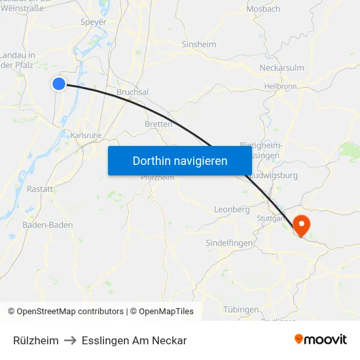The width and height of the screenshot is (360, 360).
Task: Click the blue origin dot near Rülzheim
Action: tap(59, 83)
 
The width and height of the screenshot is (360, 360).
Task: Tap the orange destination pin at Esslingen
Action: tap(302, 226)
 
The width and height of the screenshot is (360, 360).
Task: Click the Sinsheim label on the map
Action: tap(198, 45)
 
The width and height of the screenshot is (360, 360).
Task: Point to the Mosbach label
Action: tap(263, 9)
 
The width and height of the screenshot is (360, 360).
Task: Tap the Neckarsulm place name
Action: tap(281, 68)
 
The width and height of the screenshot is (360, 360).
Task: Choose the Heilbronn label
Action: tap(281, 86)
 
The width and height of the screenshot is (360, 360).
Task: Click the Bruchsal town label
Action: tap(132, 92)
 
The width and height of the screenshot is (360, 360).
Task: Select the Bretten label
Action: tap(158, 124)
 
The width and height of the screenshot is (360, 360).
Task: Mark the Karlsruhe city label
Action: tap(86, 135)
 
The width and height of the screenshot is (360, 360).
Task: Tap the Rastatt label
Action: tap(40, 189)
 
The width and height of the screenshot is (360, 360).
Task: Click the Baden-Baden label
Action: tap(47, 225)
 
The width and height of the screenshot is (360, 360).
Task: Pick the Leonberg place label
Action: tap(232, 209)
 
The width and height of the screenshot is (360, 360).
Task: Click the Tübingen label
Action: tap(241, 310)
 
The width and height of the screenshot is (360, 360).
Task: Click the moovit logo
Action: tap(321, 340)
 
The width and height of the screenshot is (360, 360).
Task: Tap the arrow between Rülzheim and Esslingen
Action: tap(70, 341)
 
